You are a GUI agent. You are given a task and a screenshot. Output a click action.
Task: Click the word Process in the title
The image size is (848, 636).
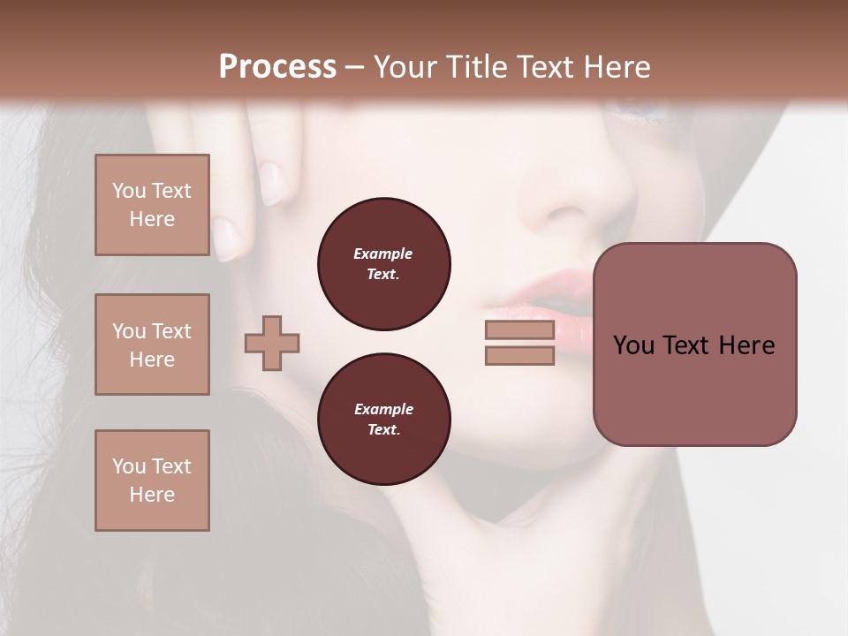pyautogui.click(x=277, y=67)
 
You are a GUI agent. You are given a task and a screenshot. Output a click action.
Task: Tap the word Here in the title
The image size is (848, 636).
pyautogui.click(x=617, y=67)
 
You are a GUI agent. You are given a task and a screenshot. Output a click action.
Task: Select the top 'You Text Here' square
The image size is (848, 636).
pyautogui.click(x=152, y=205)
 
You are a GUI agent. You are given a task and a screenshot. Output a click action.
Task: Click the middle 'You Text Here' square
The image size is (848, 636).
pyautogui.click(x=152, y=344)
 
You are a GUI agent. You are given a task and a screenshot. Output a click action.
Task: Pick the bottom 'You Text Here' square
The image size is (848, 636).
pyautogui.click(x=152, y=481)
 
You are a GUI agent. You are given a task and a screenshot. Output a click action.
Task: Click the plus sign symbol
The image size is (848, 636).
pyautogui.click(x=272, y=343)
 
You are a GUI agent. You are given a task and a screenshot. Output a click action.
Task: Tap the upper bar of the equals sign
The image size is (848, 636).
pyautogui.click(x=519, y=329)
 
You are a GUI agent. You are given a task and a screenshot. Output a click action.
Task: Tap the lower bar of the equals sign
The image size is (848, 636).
pyautogui.click(x=519, y=356)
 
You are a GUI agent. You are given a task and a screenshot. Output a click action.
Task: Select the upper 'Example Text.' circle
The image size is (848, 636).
pyautogui.click(x=384, y=264)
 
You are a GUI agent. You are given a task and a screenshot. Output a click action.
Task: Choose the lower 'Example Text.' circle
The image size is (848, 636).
pyautogui.click(x=384, y=420)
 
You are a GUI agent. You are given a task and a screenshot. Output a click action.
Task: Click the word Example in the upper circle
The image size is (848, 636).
pyautogui.click(x=383, y=254)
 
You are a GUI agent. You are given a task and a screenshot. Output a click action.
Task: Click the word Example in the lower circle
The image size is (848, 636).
pyautogui.click(x=383, y=409)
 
